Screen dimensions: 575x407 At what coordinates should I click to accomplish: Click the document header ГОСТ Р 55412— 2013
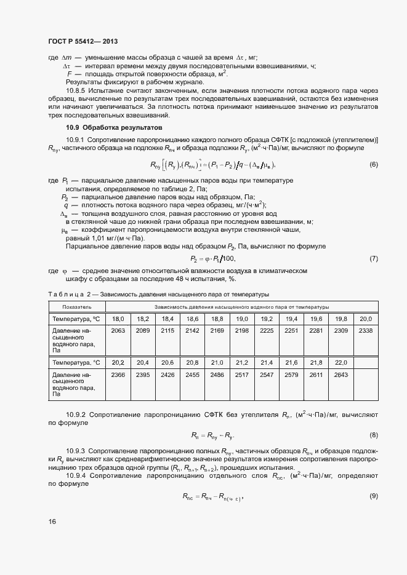[x=83, y=42]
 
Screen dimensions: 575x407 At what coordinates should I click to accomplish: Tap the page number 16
[x=52, y=522]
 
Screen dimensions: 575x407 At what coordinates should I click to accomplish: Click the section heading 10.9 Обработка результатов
[x=114, y=128]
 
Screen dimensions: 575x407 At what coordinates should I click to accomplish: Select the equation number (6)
[x=373, y=165]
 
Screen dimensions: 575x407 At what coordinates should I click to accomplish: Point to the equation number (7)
[x=373, y=258]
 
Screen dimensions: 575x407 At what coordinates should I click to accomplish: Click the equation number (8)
[x=373, y=435]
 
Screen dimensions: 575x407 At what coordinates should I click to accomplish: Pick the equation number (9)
[x=373, y=496]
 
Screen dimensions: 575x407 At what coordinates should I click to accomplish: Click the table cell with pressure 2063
[x=118, y=331]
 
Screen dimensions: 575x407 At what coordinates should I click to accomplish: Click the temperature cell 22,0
[x=341, y=362]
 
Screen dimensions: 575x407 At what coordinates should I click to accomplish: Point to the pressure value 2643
[x=341, y=375]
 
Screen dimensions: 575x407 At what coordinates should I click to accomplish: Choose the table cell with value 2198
[x=242, y=331]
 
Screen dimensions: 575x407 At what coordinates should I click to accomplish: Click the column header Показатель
[x=77, y=306]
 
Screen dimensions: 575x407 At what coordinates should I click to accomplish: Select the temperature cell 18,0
[x=118, y=319]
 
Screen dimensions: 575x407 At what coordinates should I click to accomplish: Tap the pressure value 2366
[x=118, y=375]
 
